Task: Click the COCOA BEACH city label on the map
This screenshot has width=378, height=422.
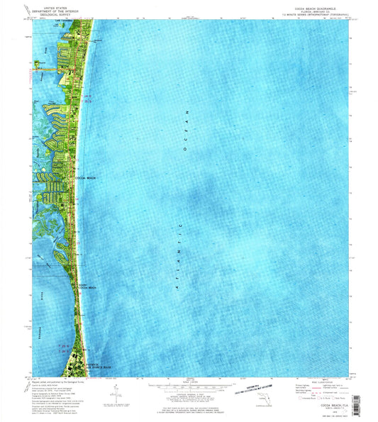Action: coord(86,178)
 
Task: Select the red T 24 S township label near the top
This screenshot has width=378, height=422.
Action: coord(86,94)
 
